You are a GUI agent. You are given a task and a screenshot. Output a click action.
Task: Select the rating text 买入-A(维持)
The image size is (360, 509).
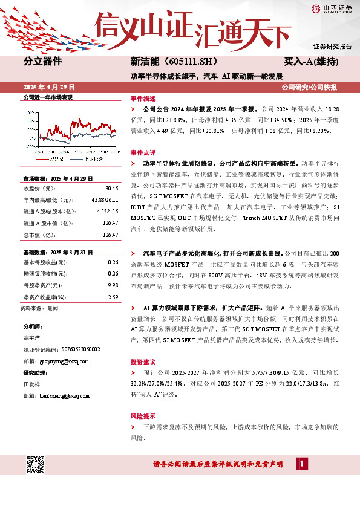(x=310, y=62)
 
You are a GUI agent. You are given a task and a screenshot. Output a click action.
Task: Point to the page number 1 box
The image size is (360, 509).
(x=301, y=464)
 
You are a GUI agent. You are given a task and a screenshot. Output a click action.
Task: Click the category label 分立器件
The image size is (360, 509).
(x=43, y=62)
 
